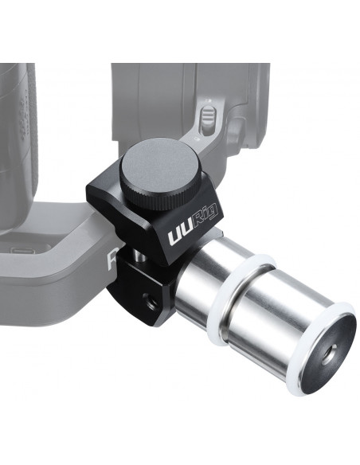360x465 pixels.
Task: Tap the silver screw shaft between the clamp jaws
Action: [138, 255]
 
